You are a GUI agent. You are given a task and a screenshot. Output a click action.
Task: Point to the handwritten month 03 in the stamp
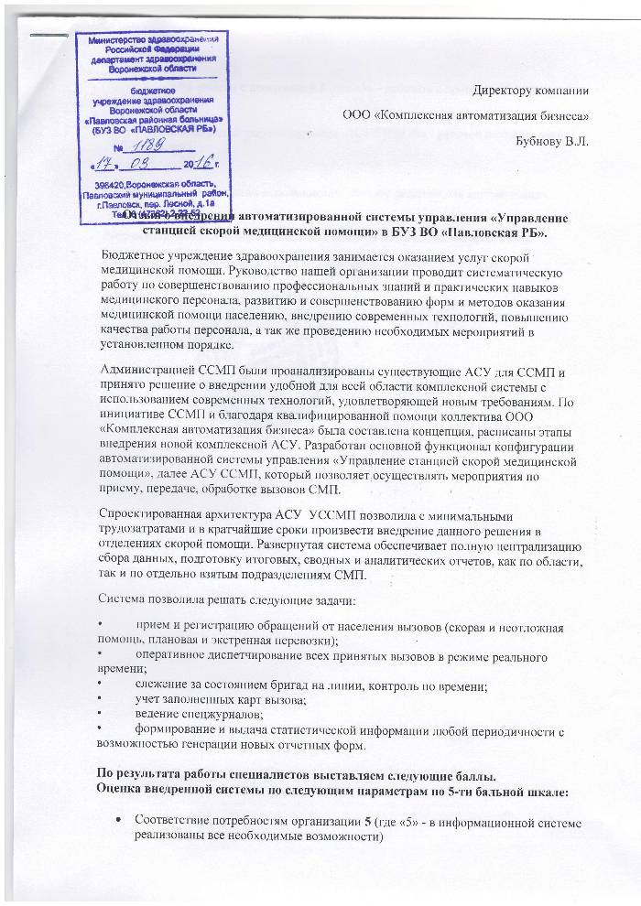(149, 165)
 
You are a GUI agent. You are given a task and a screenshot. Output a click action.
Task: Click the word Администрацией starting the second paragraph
(146, 371)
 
